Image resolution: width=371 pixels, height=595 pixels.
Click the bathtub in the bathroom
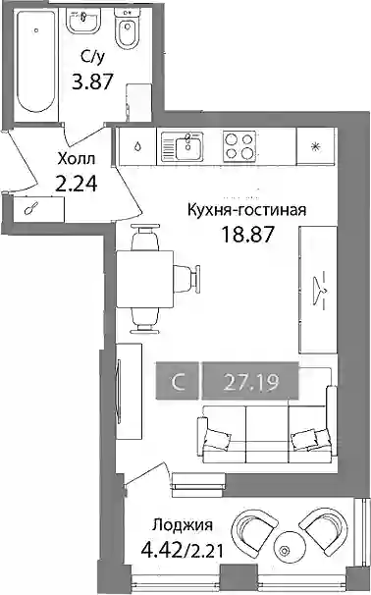coord(36,62)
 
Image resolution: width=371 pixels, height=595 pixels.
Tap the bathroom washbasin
coord(83,21)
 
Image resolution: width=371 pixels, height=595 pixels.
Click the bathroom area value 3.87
coord(93,81)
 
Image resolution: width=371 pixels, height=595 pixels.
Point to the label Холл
coord(76,159)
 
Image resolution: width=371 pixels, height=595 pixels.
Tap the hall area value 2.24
coord(77,184)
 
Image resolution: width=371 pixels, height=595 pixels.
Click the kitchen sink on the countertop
coord(183,146)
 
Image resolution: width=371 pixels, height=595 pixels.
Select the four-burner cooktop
coord(238,146)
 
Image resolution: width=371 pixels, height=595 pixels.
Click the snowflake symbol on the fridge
coord(314,146)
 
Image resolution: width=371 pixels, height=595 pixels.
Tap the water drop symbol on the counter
coord(137,146)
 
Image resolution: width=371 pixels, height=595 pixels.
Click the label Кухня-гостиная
coord(247,210)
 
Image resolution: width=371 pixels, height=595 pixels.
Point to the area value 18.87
coord(247,235)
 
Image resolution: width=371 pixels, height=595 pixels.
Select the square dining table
coord(145,279)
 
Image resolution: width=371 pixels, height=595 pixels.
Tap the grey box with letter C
coord(177,382)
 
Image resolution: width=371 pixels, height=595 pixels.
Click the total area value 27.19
coord(251,382)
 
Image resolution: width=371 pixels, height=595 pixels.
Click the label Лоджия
coord(183,525)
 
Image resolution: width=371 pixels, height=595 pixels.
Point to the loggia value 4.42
coord(161,549)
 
